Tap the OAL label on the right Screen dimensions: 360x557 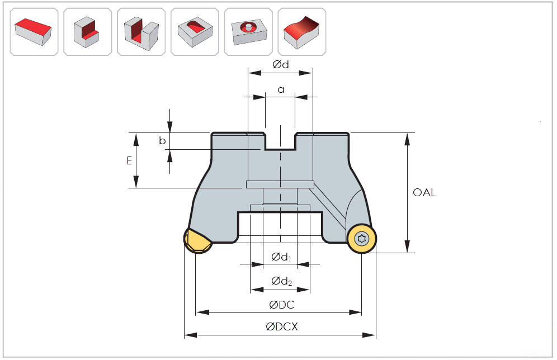click(424, 193)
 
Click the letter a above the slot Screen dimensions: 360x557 click(281, 89)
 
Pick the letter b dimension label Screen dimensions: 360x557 click(162, 141)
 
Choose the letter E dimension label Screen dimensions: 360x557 click(129, 160)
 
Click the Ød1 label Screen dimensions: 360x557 click(281, 257)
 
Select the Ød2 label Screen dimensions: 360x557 click(281, 281)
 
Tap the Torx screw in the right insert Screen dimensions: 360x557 click(362, 239)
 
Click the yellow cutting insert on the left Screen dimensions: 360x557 click(197, 241)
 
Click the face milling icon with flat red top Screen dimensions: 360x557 click(34, 31)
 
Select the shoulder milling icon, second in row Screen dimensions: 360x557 click(87, 31)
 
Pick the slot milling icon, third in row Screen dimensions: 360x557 click(141, 31)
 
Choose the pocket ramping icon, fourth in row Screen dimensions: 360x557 click(195, 31)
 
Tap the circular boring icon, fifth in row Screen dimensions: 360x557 click(248, 31)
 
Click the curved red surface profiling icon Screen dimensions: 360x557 click(302, 31)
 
